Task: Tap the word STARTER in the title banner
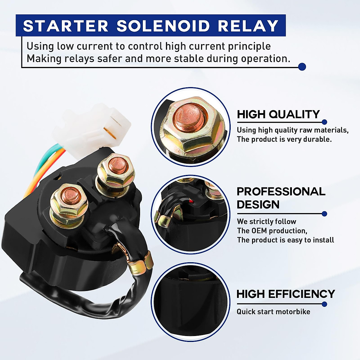66,26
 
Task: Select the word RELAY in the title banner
248,26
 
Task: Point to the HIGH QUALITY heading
278,114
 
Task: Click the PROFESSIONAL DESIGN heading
281,198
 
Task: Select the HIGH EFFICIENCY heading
286,294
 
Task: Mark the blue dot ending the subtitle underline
302,67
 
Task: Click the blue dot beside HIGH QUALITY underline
324,122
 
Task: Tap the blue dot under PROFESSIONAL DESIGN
324,214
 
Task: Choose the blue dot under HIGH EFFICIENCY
324,304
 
